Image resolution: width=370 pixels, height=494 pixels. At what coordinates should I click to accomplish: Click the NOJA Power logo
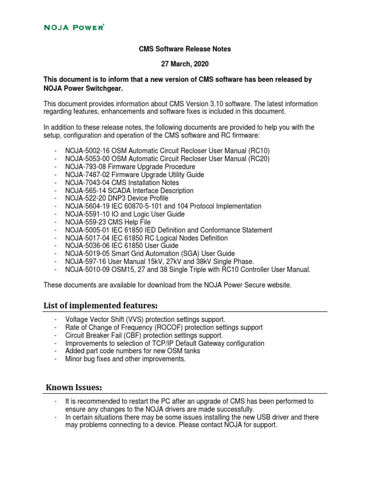click(74, 27)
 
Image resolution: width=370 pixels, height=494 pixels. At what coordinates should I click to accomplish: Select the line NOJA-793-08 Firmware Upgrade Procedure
click(130, 166)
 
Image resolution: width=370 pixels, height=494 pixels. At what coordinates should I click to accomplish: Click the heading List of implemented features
click(101, 306)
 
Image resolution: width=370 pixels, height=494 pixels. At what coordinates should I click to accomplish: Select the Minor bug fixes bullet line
click(125, 359)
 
